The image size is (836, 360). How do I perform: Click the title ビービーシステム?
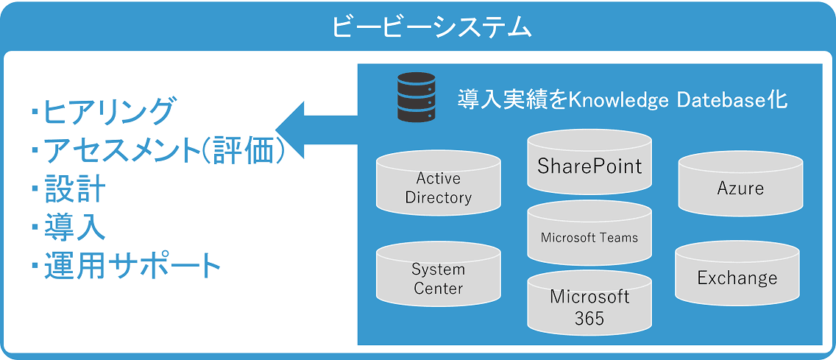[431, 27]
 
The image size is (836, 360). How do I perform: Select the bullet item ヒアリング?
[109, 112]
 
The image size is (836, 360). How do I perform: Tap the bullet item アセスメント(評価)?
[164, 151]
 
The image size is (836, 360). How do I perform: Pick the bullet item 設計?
[74, 189]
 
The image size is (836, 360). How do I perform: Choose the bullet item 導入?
[74, 227]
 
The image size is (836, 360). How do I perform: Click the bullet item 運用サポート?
[132, 265]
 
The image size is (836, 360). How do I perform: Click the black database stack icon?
[416, 96]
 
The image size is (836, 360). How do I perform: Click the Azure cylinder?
[740, 188]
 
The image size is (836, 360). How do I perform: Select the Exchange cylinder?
[737, 278]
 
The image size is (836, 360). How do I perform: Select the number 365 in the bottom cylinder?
[589, 318]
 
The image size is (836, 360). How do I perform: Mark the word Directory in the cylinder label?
[439, 197]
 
